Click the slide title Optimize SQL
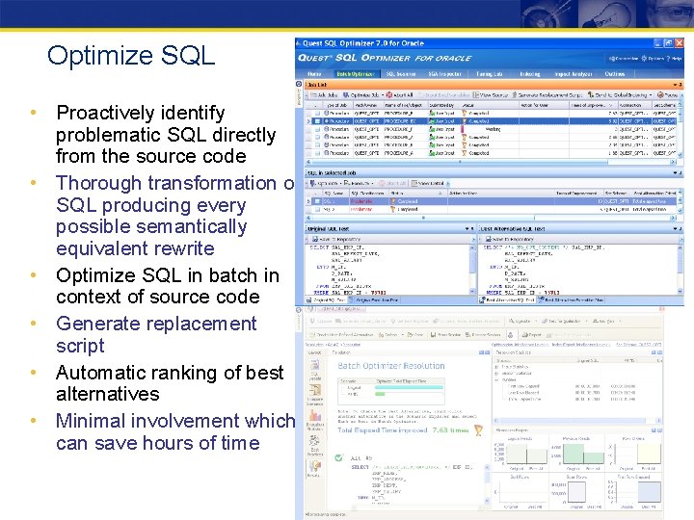130,56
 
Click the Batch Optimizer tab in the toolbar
354,73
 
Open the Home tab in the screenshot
314,73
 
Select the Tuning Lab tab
489,73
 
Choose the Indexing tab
530,73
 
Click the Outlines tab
614,73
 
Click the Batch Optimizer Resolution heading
391,366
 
